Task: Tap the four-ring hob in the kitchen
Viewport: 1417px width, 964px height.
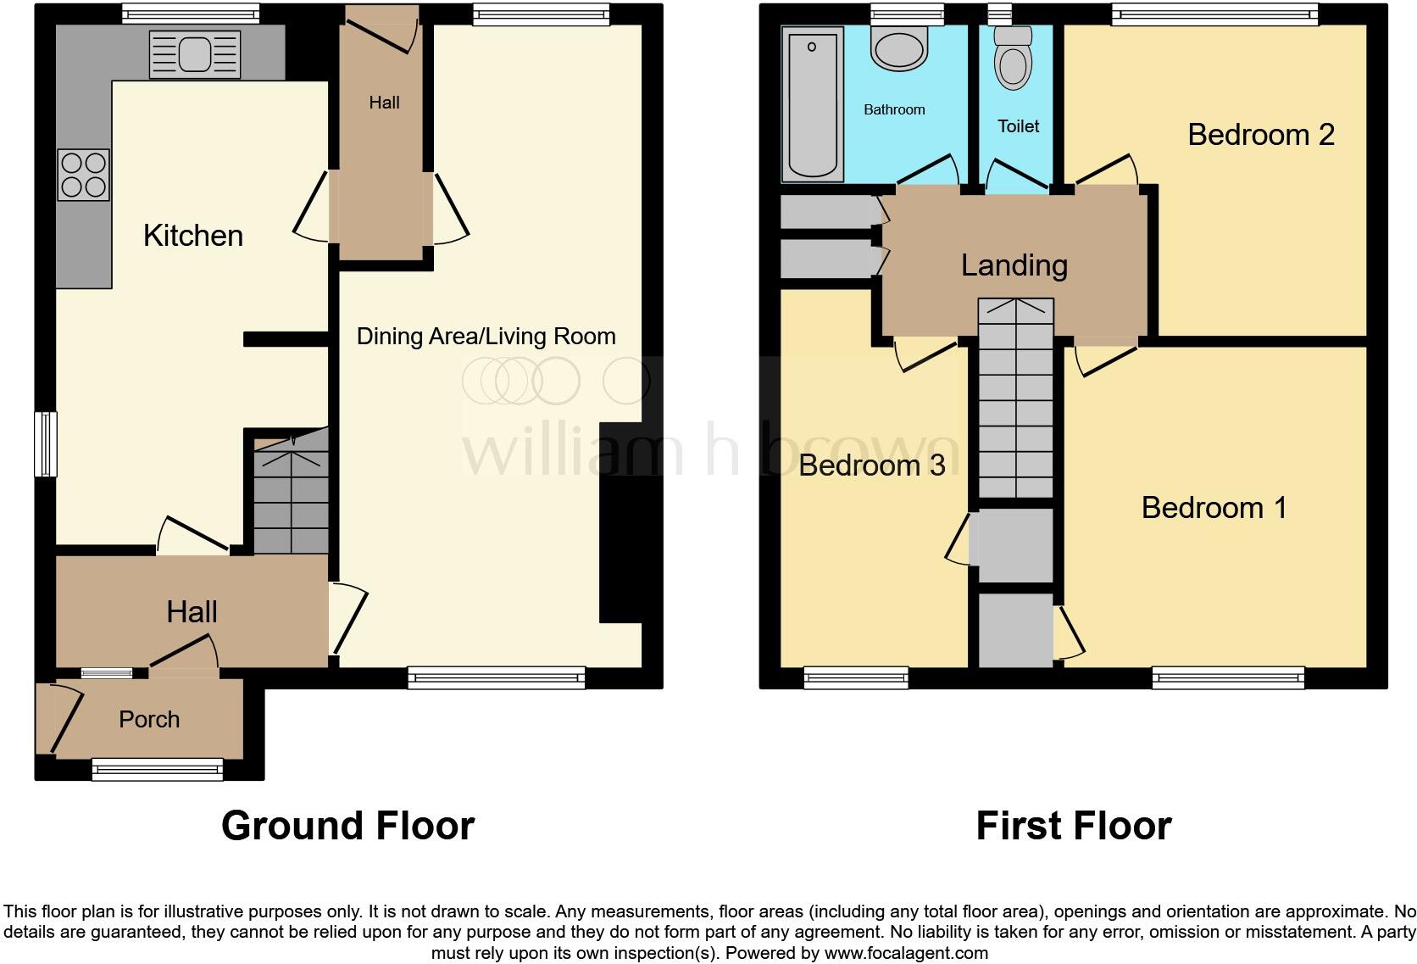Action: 83,175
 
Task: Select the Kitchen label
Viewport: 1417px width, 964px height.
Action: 193,236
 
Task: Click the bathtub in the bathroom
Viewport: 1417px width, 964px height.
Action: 813,103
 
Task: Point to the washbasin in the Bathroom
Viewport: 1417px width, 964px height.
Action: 899,50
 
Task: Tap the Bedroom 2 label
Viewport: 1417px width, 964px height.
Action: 1260,135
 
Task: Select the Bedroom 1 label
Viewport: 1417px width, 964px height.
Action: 1213,508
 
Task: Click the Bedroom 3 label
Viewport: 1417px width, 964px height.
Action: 871,465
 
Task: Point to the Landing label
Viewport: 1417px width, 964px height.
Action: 1014,265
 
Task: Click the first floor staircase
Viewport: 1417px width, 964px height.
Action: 1015,398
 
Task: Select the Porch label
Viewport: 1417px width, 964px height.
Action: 149,720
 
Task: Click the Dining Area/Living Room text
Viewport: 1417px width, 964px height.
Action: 486,337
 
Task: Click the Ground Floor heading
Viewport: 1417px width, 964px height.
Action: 347,825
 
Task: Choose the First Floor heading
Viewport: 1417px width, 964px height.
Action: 1073,825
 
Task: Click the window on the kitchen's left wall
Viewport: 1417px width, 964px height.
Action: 46,444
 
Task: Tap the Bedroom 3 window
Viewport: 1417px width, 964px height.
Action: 855,677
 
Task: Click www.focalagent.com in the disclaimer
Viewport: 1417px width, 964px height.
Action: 906,953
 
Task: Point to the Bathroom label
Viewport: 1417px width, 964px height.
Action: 894,109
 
